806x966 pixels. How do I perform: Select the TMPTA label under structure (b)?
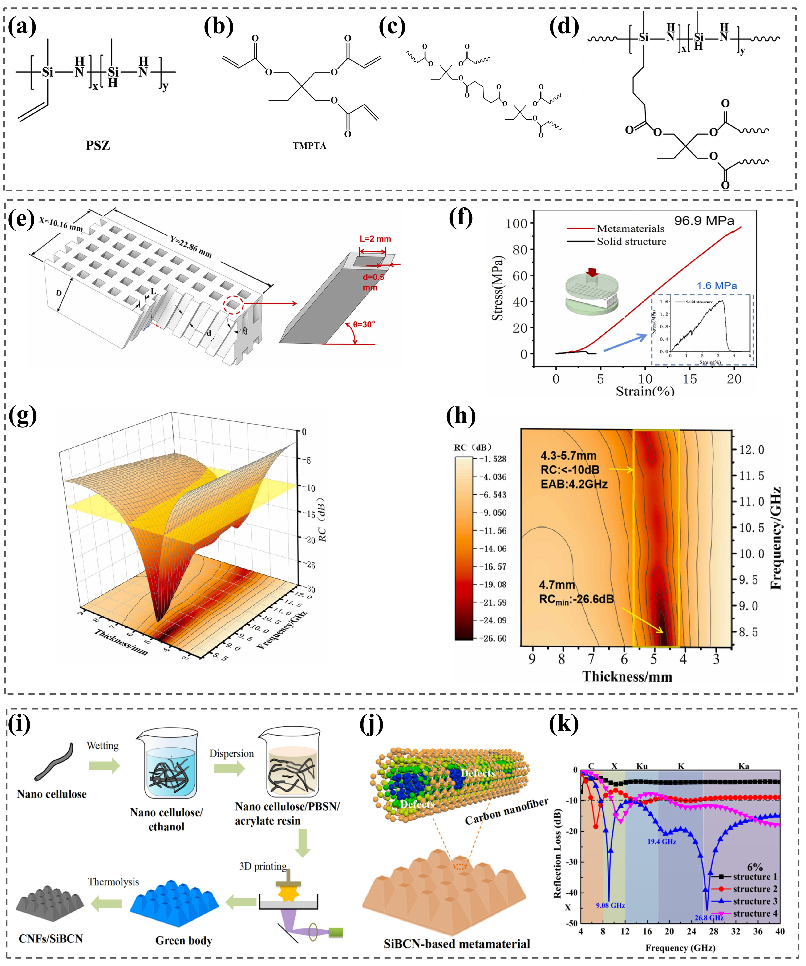pos(309,146)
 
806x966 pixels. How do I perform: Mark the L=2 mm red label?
pos(375,239)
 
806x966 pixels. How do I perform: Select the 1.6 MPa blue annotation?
pos(716,286)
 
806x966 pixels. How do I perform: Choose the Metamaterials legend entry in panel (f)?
pos(630,229)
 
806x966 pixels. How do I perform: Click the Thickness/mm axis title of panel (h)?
pos(627,677)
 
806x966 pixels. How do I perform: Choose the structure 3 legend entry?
pos(754,901)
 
